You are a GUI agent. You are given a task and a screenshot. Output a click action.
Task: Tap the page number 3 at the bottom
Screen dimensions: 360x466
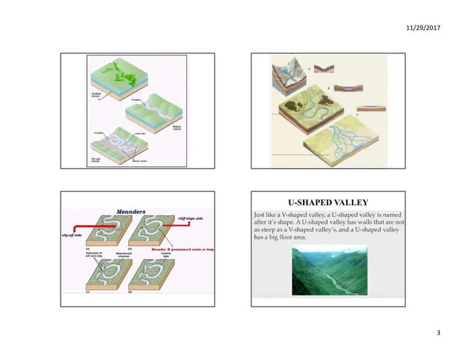438,334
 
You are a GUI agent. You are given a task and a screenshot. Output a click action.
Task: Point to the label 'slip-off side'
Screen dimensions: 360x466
75,237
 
